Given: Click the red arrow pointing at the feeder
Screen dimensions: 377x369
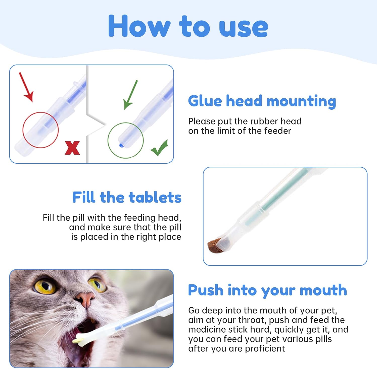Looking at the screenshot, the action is pyautogui.click(x=26, y=87).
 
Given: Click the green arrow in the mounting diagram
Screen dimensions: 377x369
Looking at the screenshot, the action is pyautogui.click(x=130, y=95).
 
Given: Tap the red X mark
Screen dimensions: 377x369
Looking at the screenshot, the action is pyautogui.click(x=72, y=148).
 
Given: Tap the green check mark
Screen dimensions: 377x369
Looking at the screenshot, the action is pyautogui.click(x=159, y=148).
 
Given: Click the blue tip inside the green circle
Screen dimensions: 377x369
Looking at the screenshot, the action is pyautogui.click(x=121, y=145).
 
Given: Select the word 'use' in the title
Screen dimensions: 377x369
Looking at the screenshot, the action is pyautogui.click(x=244, y=28).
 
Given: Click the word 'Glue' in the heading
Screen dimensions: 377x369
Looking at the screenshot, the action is pyautogui.click(x=205, y=101).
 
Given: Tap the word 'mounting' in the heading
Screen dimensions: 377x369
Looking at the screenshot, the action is pyautogui.click(x=301, y=102).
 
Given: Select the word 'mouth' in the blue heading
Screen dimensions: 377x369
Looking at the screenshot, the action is pyautogui.click(x=323, y=290).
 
